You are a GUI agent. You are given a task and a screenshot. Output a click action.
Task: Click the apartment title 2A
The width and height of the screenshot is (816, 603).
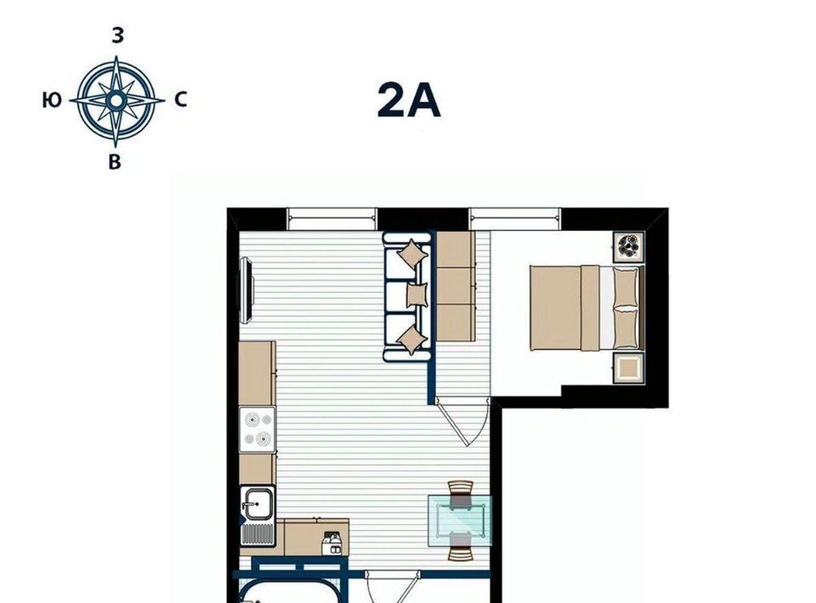409,101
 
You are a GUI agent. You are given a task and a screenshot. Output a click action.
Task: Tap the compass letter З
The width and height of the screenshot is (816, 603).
118,36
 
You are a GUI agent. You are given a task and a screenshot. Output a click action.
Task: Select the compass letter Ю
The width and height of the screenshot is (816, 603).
52,100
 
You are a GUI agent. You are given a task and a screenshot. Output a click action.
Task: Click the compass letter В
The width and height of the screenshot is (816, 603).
115,162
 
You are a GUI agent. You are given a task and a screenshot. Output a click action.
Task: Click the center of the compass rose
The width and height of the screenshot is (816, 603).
116,100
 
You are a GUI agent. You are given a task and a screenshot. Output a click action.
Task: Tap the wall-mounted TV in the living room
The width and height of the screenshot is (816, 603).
246,291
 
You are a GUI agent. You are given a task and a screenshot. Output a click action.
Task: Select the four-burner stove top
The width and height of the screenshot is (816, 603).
258,430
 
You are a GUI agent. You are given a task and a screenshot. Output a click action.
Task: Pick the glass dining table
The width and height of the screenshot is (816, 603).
460,521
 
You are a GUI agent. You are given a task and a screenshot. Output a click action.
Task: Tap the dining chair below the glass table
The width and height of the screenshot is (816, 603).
461,548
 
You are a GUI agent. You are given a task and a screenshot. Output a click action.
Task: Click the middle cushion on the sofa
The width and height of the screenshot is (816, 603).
416,295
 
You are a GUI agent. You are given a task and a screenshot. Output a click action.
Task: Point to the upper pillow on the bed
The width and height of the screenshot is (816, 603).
626,287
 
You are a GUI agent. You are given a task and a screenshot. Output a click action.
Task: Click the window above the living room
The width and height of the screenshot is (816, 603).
332,219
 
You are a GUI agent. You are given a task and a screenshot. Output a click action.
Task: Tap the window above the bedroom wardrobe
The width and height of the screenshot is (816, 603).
515,219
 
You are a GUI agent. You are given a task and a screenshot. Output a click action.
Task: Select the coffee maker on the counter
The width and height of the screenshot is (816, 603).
332,543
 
